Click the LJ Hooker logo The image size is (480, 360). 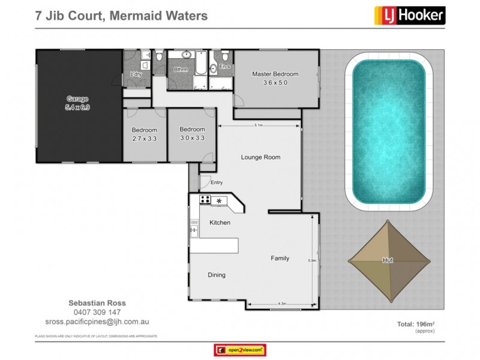[410, 15]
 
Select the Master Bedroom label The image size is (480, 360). [275, 78]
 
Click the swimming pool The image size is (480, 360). [388, 131]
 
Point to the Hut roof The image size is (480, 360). [389, 260]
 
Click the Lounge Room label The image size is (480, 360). [260, 157]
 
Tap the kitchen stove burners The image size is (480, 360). [205, 200]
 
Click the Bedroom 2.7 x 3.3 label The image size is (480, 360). [145, 134]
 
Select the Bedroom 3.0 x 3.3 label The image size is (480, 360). [192, 133]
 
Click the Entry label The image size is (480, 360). [216, 183]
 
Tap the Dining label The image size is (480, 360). [217, 275]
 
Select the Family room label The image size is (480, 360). [280, 259]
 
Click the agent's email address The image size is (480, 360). [97, 322]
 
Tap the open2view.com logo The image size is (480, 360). [240, 350]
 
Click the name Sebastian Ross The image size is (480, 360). [97, 303]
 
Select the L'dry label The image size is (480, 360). [136, 74]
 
